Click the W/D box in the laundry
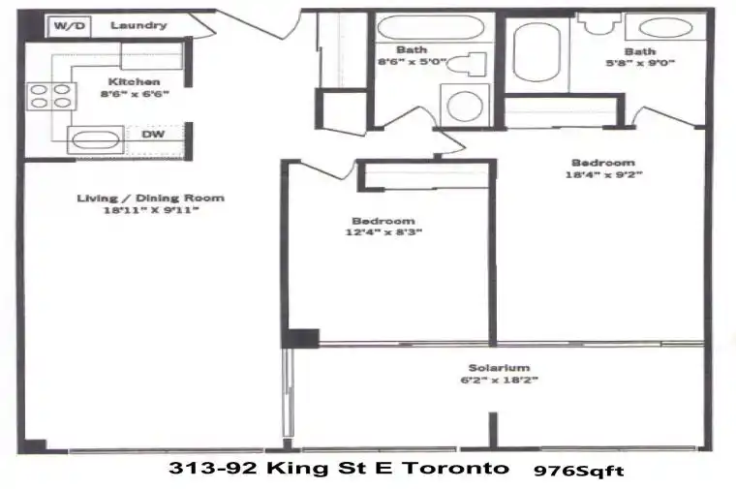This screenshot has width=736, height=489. point(70,26)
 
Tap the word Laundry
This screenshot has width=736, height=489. point(138,25)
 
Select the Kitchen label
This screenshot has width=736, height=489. point(134,81)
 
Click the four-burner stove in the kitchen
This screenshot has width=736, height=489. point(51,96)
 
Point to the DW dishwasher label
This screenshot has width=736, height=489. point(153,135)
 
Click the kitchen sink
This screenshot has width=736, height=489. point(96,139)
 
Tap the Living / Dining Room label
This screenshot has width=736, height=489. point(151,199)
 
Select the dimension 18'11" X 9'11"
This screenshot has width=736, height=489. point(151,210)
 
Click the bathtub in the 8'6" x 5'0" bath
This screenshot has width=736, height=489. point(430,28)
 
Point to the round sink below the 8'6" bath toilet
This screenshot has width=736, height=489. point(465,106)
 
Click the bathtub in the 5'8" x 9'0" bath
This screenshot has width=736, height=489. point(537,52)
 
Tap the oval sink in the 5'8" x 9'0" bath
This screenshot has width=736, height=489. point(665,28)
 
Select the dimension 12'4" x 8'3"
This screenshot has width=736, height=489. point(383,231)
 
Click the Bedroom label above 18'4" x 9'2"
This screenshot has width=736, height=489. point(603,163)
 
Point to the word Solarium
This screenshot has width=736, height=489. point(499,368)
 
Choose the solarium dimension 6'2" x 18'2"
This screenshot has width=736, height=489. point(499,380)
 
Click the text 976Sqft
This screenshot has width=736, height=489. point(579,471)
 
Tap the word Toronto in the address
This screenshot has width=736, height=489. point(456,468)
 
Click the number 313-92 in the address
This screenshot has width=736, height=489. point(213,468)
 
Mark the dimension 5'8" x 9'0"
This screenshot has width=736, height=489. point(640,63)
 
